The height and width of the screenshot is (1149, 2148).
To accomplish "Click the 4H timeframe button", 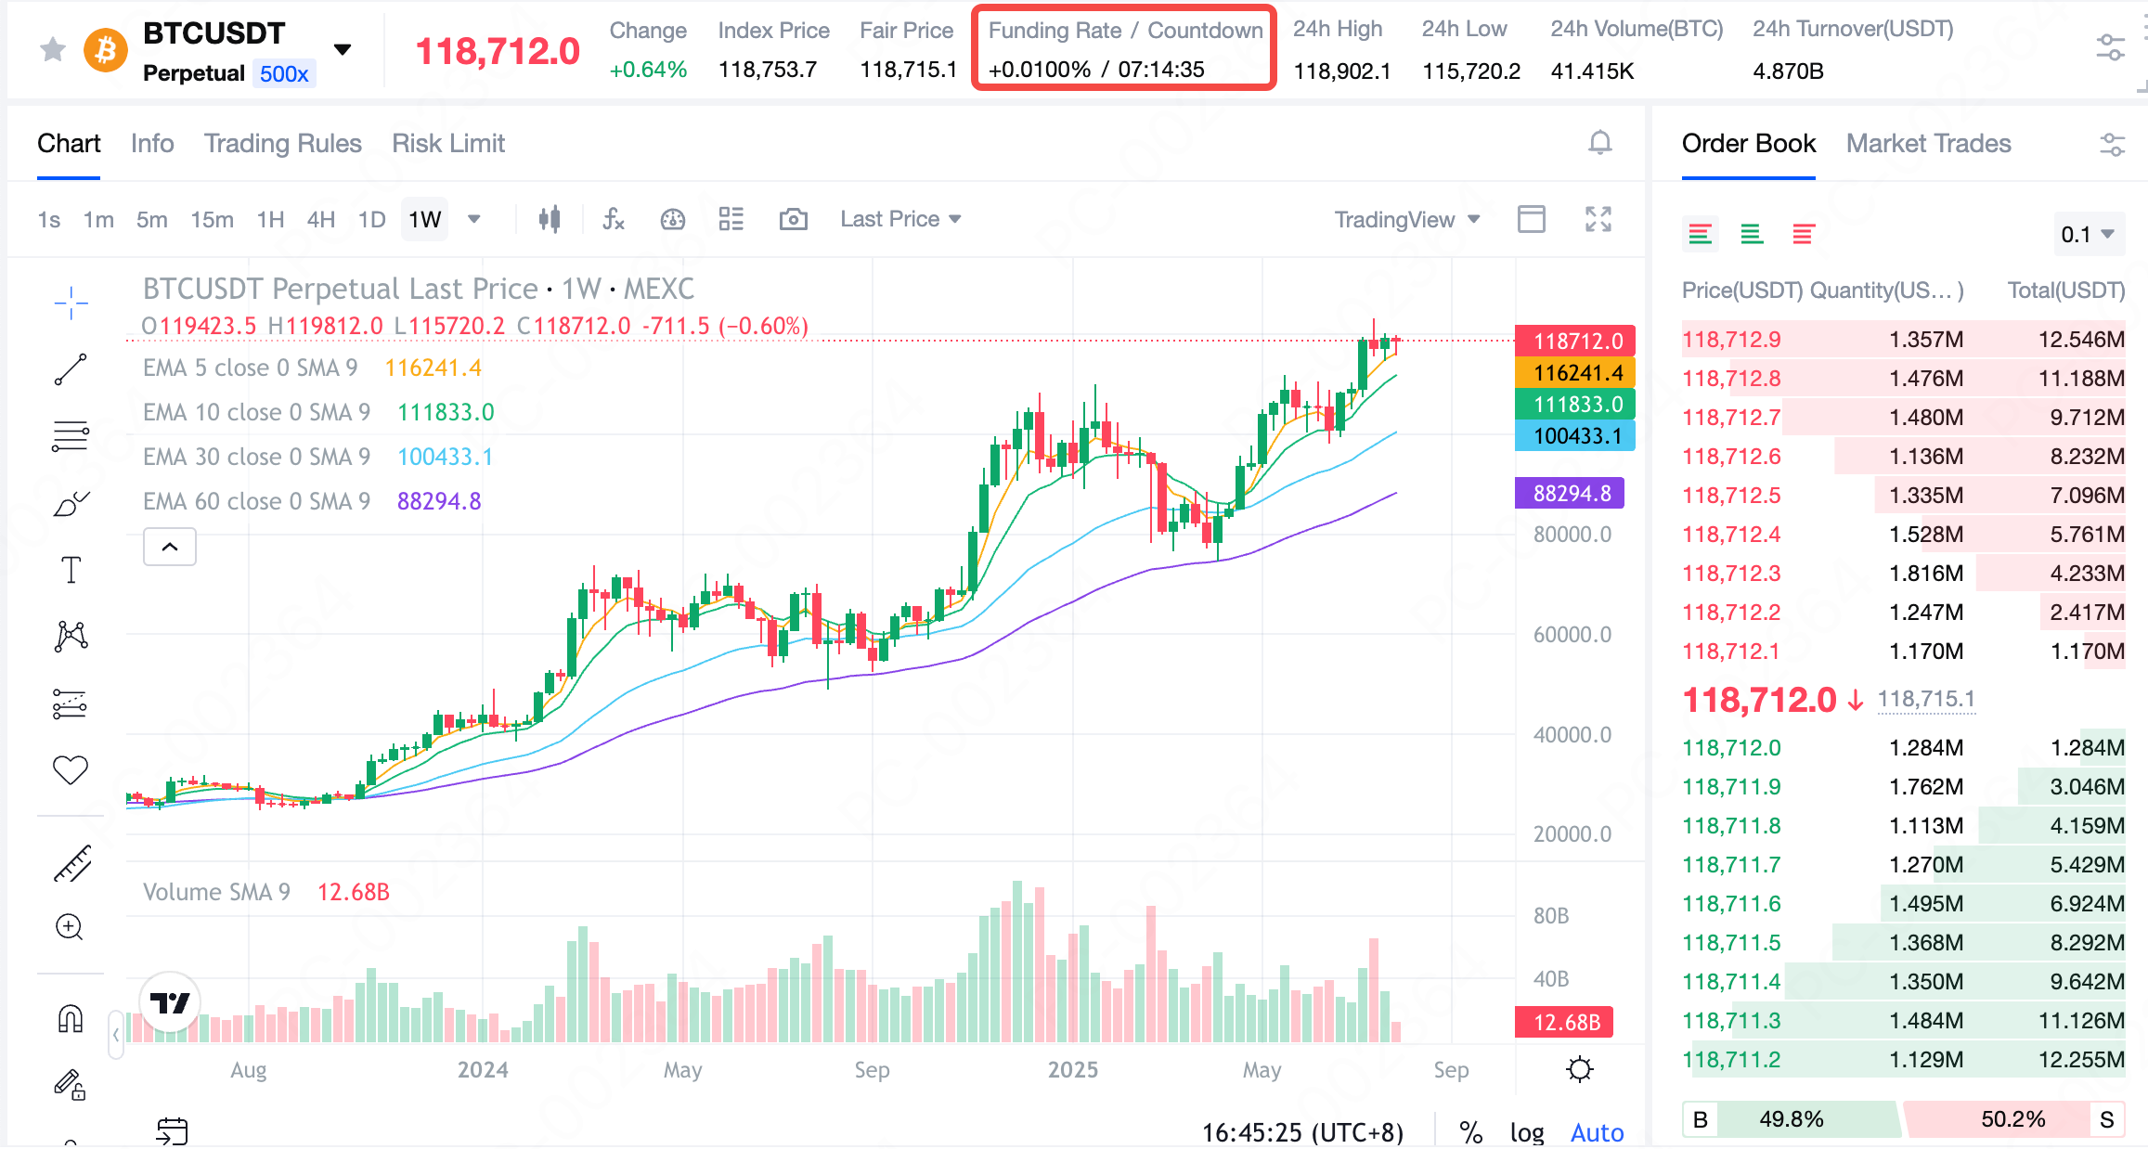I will click(x=320, y=220).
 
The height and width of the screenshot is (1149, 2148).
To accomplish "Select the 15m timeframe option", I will click(x=212, y=220).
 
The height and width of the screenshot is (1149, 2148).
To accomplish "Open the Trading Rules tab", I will click(x=282, y=144).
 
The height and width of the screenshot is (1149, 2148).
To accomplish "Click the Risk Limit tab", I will click(x=447, y=144).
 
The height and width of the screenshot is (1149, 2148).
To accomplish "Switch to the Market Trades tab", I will click(x=1928, y=144).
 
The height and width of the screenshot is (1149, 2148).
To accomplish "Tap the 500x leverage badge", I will click(x=284, y=74).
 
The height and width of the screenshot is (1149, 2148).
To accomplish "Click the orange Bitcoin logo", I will click(x=106, y=50).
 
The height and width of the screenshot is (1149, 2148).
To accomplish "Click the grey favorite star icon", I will click(x=53, y=50).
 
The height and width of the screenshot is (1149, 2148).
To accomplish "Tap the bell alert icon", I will click(x=1599, y=143).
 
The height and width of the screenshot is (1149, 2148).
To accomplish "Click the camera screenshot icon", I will click(x=793, y=220).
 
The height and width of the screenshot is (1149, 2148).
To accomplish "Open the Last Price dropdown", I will click(x=899, y=220).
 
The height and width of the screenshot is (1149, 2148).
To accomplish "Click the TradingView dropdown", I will click(x=1406, y=220).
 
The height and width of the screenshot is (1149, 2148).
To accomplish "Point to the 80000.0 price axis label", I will click(x=1572, y=535).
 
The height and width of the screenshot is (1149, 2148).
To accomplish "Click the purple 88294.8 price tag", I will click(x=1570, y=494).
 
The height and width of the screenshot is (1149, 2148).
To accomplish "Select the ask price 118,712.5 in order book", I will click(x=1731, y=496).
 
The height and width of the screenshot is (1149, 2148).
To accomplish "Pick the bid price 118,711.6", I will click(x=1731, y=904).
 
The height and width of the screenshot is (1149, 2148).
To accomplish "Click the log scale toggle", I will click(x=1527, y=1132).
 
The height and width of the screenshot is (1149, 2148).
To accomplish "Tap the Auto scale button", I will click(x=1597, y=1132).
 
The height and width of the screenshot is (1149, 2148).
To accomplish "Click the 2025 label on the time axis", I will click(x=1073, y=1070).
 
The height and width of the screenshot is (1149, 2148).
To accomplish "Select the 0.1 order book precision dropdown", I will click(x=2087, y=235).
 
